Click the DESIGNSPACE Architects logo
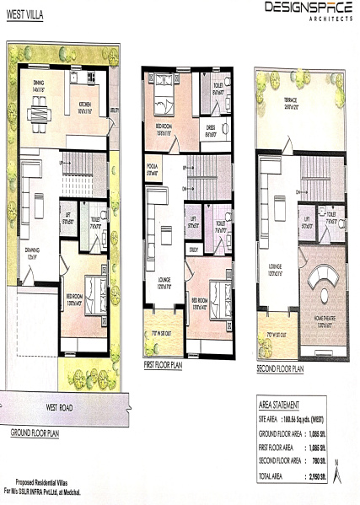click(308, 10)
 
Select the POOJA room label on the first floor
click(153, 165)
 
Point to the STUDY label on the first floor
click(193, 250)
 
